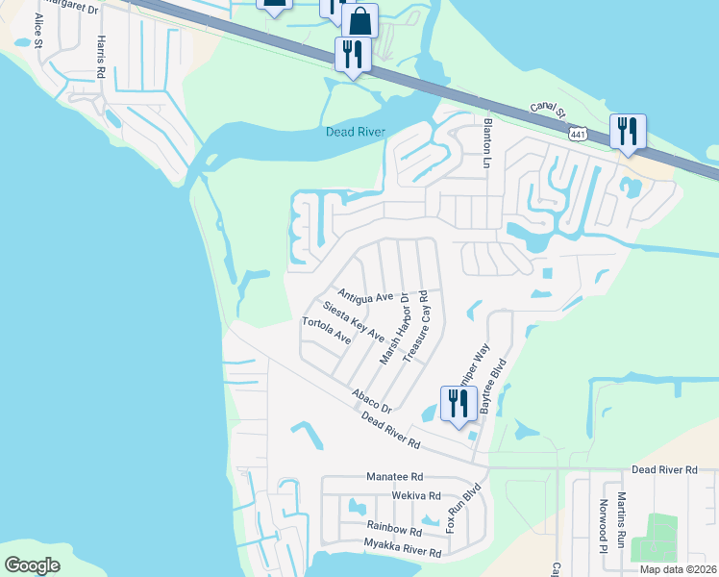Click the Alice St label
pos(38,31)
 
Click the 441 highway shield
pos(578,135)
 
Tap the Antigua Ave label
pos(365,295)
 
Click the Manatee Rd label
pos(394,476)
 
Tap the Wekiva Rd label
pos(415,496)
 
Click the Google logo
pos(33,565)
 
